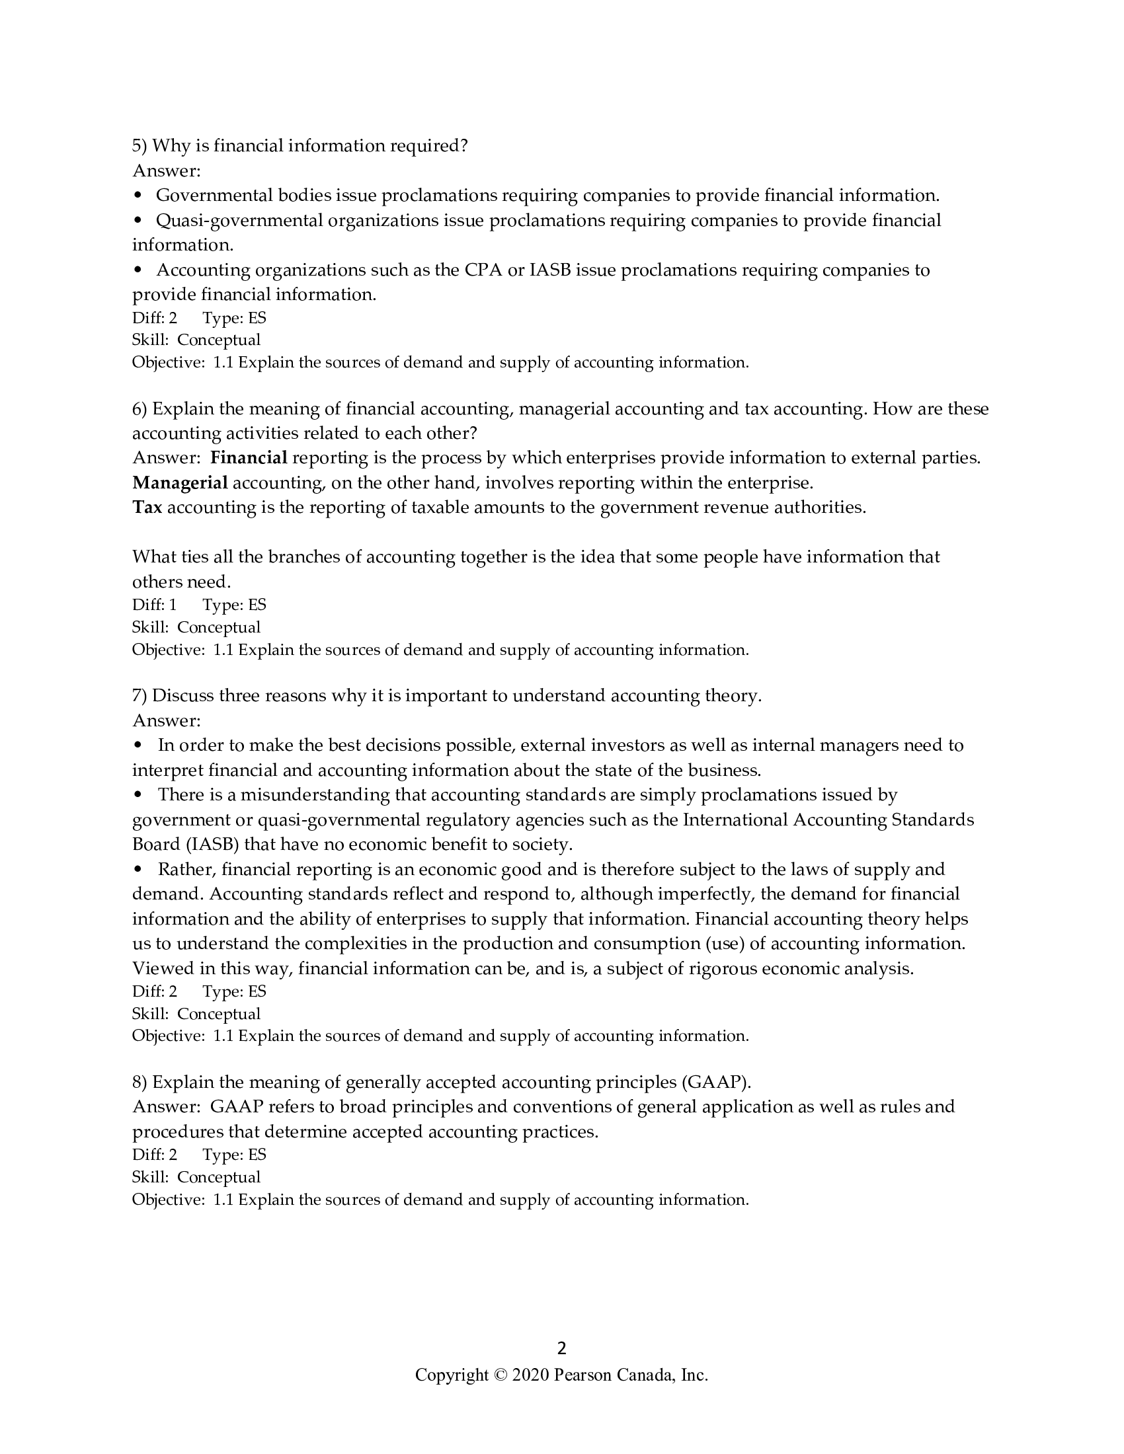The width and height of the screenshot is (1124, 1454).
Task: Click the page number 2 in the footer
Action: tap(561, 1348)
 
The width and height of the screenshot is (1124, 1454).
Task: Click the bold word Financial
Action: tap(249, 457)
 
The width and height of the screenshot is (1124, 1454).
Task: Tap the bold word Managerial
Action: tap(180, 482)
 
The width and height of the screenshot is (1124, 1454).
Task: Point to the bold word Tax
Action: tap(147, 508)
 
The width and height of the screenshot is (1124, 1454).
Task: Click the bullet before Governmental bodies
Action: tap(138, 196)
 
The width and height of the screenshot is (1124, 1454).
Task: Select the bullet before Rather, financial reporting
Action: tap(138, 870)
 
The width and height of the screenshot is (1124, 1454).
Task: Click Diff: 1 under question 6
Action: tap(155, 605)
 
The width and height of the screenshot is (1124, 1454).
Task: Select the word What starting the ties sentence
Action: tap(154, 556)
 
